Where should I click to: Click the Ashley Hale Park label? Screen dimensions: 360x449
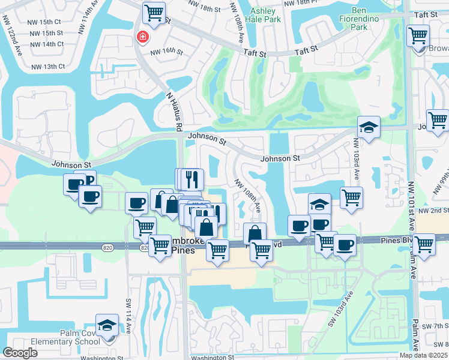click(x=262, y=15)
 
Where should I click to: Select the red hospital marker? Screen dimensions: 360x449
click(x=142, y=37)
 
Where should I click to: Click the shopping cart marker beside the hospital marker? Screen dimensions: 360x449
click(x=154, y=12)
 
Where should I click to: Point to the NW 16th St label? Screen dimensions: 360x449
click(x=166, y=52)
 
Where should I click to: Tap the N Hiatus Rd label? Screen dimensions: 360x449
click(x=173, y=112)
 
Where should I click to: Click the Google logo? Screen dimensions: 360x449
click(x=20, y=353)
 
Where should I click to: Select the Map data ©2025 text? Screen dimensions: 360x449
click(x=423, y=355)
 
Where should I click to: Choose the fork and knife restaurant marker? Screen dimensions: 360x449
click(x=192, y=178)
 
